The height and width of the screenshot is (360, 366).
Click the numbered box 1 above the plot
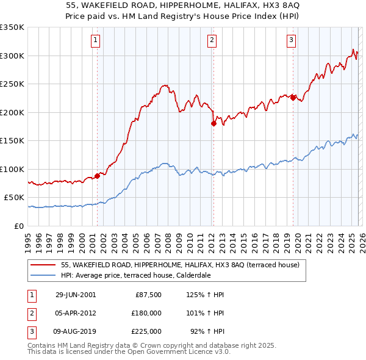(x=97, y=41)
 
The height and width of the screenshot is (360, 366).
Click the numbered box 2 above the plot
(x=212, y=41)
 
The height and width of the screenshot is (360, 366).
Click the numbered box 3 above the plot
(x=291, y=41)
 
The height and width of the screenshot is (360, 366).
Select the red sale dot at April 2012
(x=213, y=123)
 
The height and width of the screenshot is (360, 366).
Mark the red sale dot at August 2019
(x=293, y=98)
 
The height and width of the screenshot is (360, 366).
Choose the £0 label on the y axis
(x=18, y=226)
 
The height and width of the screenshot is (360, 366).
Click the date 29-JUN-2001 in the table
(x=76, y=295)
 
